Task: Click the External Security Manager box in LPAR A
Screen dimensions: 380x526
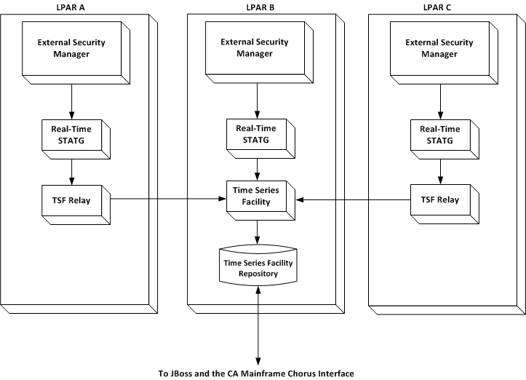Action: coord(71,48)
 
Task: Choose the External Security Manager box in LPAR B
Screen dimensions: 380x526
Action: coord(255,48)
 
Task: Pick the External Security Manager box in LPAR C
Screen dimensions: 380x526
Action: coord(439,48)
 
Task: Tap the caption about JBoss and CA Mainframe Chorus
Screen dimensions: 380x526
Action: coord(256,373)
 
